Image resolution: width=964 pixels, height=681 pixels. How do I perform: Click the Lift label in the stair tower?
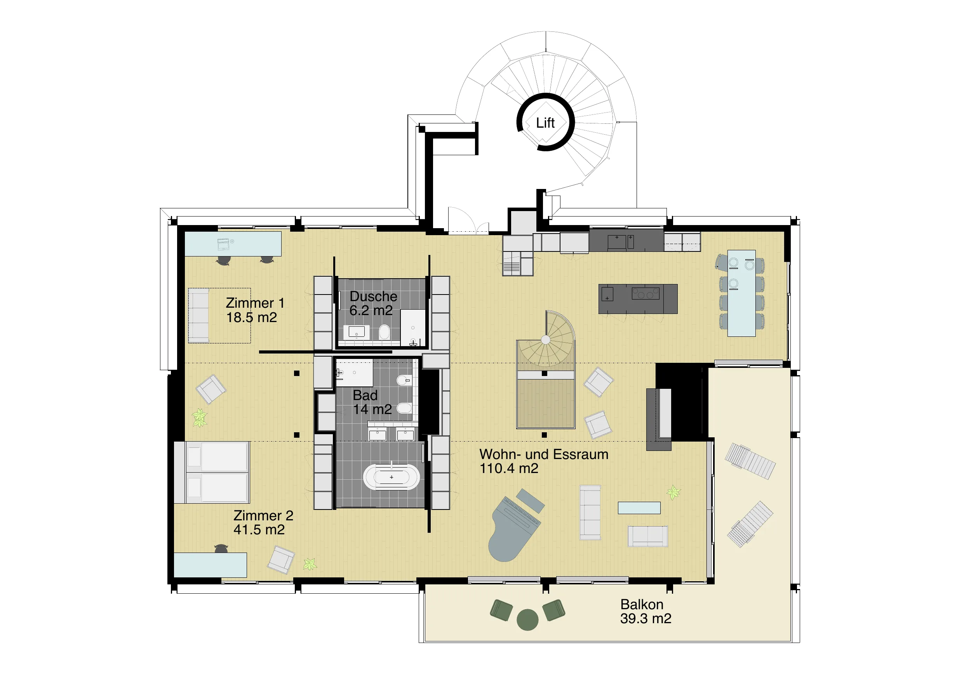pos(545,123)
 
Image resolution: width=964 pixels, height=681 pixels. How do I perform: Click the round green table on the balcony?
pos(527,620)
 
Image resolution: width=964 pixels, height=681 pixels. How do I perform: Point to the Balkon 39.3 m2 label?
pos(646,611)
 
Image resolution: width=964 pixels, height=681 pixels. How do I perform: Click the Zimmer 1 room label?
pos(255,310)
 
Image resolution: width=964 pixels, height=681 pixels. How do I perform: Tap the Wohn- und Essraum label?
pos(544,461)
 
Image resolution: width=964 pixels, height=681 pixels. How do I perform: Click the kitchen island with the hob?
pos(638,299)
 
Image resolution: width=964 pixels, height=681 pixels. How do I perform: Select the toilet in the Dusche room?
pos(384,332)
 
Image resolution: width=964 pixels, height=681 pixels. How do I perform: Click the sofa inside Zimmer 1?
pos(198,315)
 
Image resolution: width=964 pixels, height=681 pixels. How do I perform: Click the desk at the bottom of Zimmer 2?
pos(211,565)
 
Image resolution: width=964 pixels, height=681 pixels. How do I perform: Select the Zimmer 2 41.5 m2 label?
pos(263,522)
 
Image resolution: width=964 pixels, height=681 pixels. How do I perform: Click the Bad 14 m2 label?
pos(372,402)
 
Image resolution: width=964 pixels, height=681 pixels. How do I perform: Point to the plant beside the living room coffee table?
pos(673,492)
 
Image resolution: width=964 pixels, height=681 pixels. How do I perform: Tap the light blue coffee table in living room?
pos(639,508)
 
